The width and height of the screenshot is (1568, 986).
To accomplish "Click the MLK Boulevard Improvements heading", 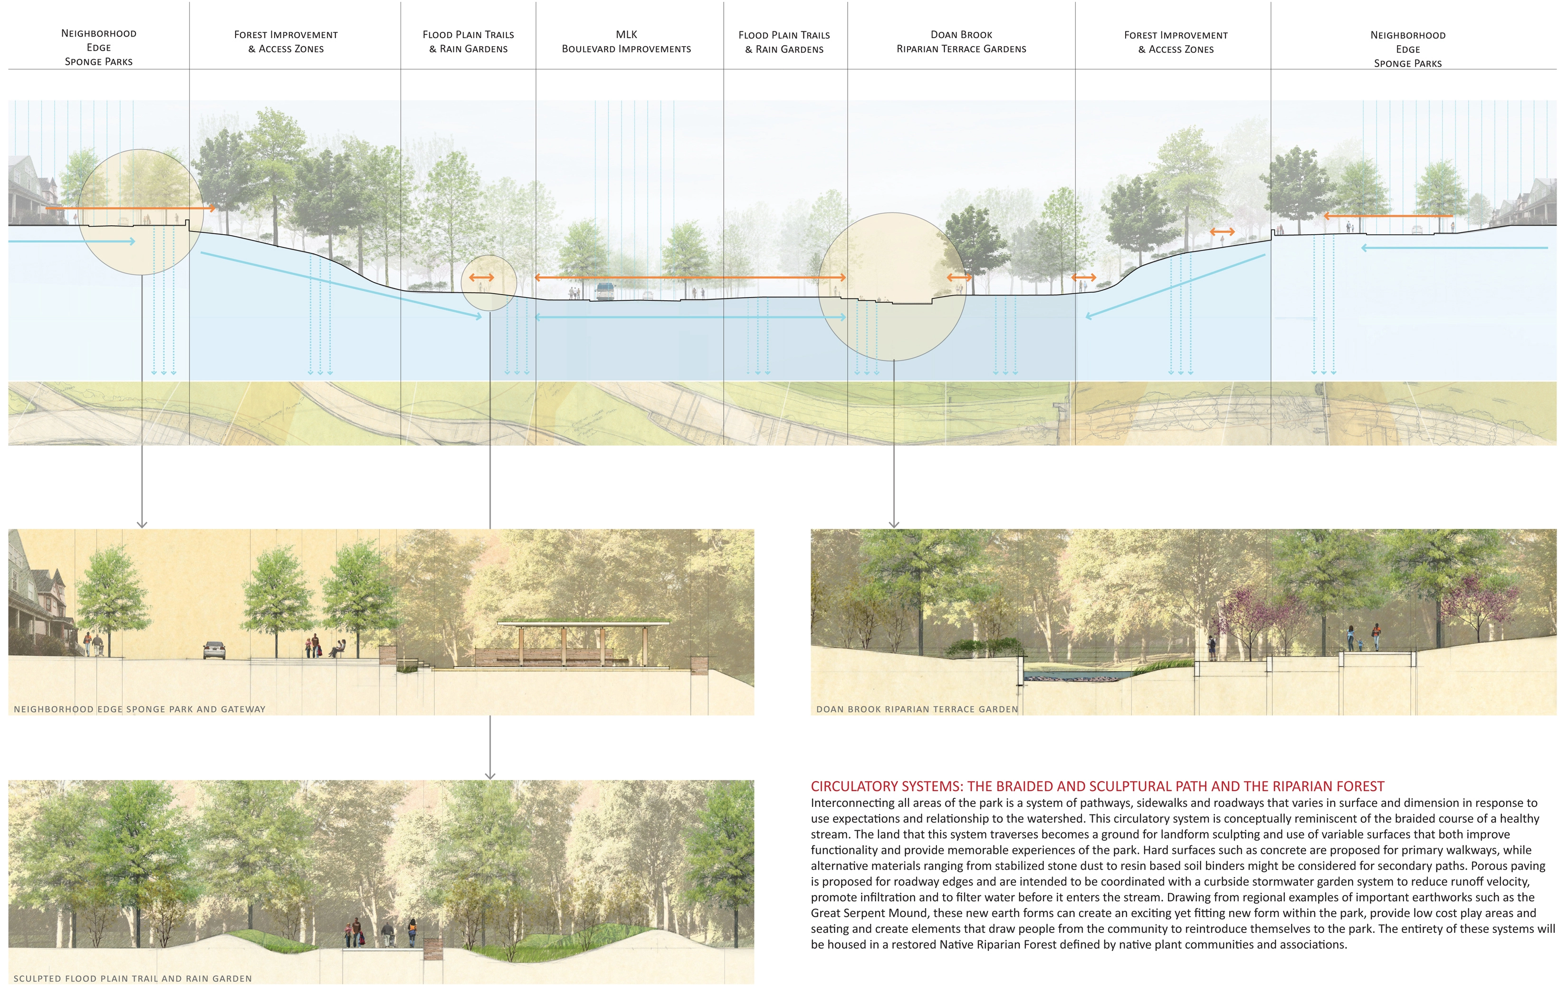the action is (x=626, y=42).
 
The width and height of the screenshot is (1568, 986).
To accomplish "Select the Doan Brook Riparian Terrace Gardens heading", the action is (x=961, y=42).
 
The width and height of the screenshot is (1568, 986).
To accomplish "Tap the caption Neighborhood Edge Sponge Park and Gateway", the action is (x=139, y=709).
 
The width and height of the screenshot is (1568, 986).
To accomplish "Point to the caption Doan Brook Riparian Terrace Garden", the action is (x=917, y=709).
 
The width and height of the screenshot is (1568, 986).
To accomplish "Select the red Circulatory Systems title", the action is (x=1097, y=786).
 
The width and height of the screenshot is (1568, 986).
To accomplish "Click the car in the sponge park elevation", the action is (x=214, y=650).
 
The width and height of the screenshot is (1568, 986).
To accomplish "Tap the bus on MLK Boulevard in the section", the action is (x=605, y=291).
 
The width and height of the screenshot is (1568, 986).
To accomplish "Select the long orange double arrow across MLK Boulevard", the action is (x=690, y=278).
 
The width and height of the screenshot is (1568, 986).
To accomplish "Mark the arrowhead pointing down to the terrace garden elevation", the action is (x=894, y=524).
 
